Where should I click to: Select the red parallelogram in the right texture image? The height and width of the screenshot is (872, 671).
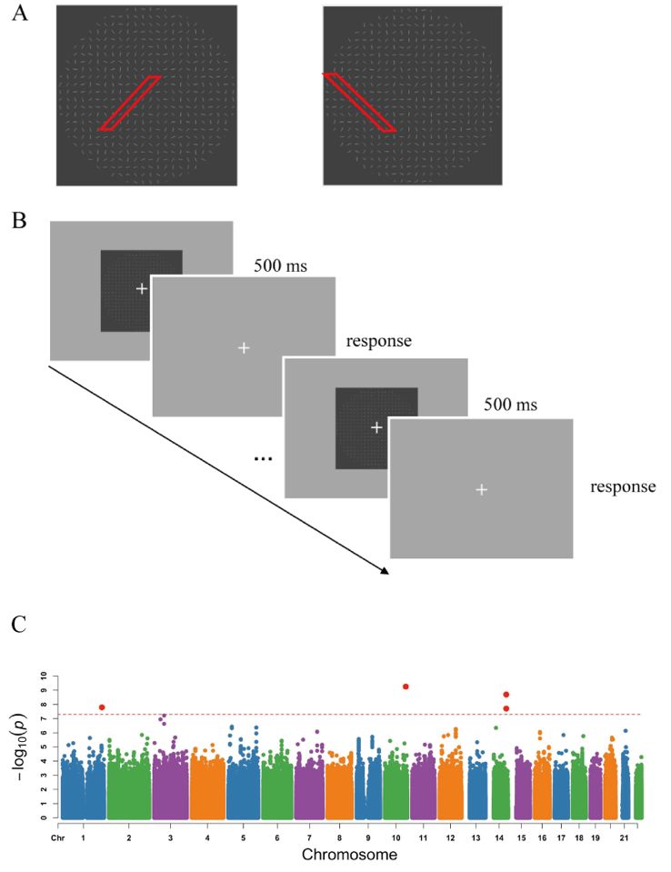[x=359, y=103]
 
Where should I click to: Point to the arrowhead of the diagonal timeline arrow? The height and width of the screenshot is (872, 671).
[x=386, y=572]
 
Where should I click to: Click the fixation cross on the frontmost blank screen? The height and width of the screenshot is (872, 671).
[x=482, y=490]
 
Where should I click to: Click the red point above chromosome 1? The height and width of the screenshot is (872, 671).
[x=102, y=707]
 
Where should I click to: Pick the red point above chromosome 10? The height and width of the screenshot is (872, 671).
[x=406, y=687]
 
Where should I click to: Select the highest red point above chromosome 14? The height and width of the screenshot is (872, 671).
[x=506, y=695]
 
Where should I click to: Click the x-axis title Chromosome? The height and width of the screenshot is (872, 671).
[x=348, y=855]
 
